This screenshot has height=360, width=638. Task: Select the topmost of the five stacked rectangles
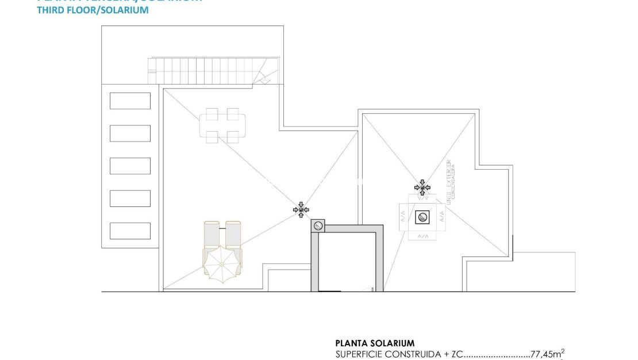pos(130,101)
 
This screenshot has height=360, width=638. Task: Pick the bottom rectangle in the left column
pos(130,231)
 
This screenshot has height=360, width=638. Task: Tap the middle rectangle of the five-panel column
pos(130,166)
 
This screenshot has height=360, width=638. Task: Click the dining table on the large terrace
pos(222,125)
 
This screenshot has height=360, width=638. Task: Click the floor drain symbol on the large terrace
pos(301,210)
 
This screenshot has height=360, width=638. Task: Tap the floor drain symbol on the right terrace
pos(422,187)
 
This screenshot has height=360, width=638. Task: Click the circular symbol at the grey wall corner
pos(318,226)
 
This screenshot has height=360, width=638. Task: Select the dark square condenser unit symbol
pos(422,217)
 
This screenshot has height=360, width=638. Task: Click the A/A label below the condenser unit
pos(422,236)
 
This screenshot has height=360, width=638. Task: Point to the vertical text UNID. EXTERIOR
pos(449,181)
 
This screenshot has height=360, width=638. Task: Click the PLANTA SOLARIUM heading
pos(375,343)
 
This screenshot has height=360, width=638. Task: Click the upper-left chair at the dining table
pos(212,114)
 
